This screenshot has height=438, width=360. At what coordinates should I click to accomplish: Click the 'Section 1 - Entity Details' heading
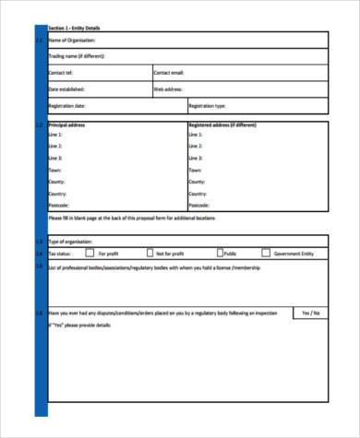73,29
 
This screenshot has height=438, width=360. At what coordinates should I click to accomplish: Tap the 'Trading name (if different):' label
77,57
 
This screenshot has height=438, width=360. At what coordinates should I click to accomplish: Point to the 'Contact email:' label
169,73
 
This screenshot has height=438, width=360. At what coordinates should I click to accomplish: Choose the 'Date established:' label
66,89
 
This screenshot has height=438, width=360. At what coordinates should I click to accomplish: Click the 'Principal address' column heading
66,124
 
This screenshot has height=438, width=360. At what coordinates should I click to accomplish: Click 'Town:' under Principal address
54,170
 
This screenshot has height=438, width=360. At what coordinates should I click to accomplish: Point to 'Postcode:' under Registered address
198,206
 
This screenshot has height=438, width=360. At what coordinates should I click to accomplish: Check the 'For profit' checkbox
90,253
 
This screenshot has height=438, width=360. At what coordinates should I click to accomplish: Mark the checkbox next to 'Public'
220,253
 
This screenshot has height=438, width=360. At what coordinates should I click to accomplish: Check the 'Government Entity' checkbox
266,253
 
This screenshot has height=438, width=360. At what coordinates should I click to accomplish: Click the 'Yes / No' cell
309,314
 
